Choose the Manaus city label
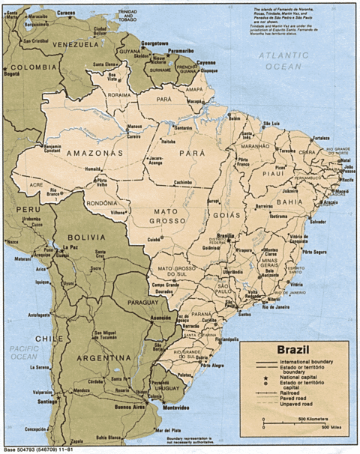pos(135,125)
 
